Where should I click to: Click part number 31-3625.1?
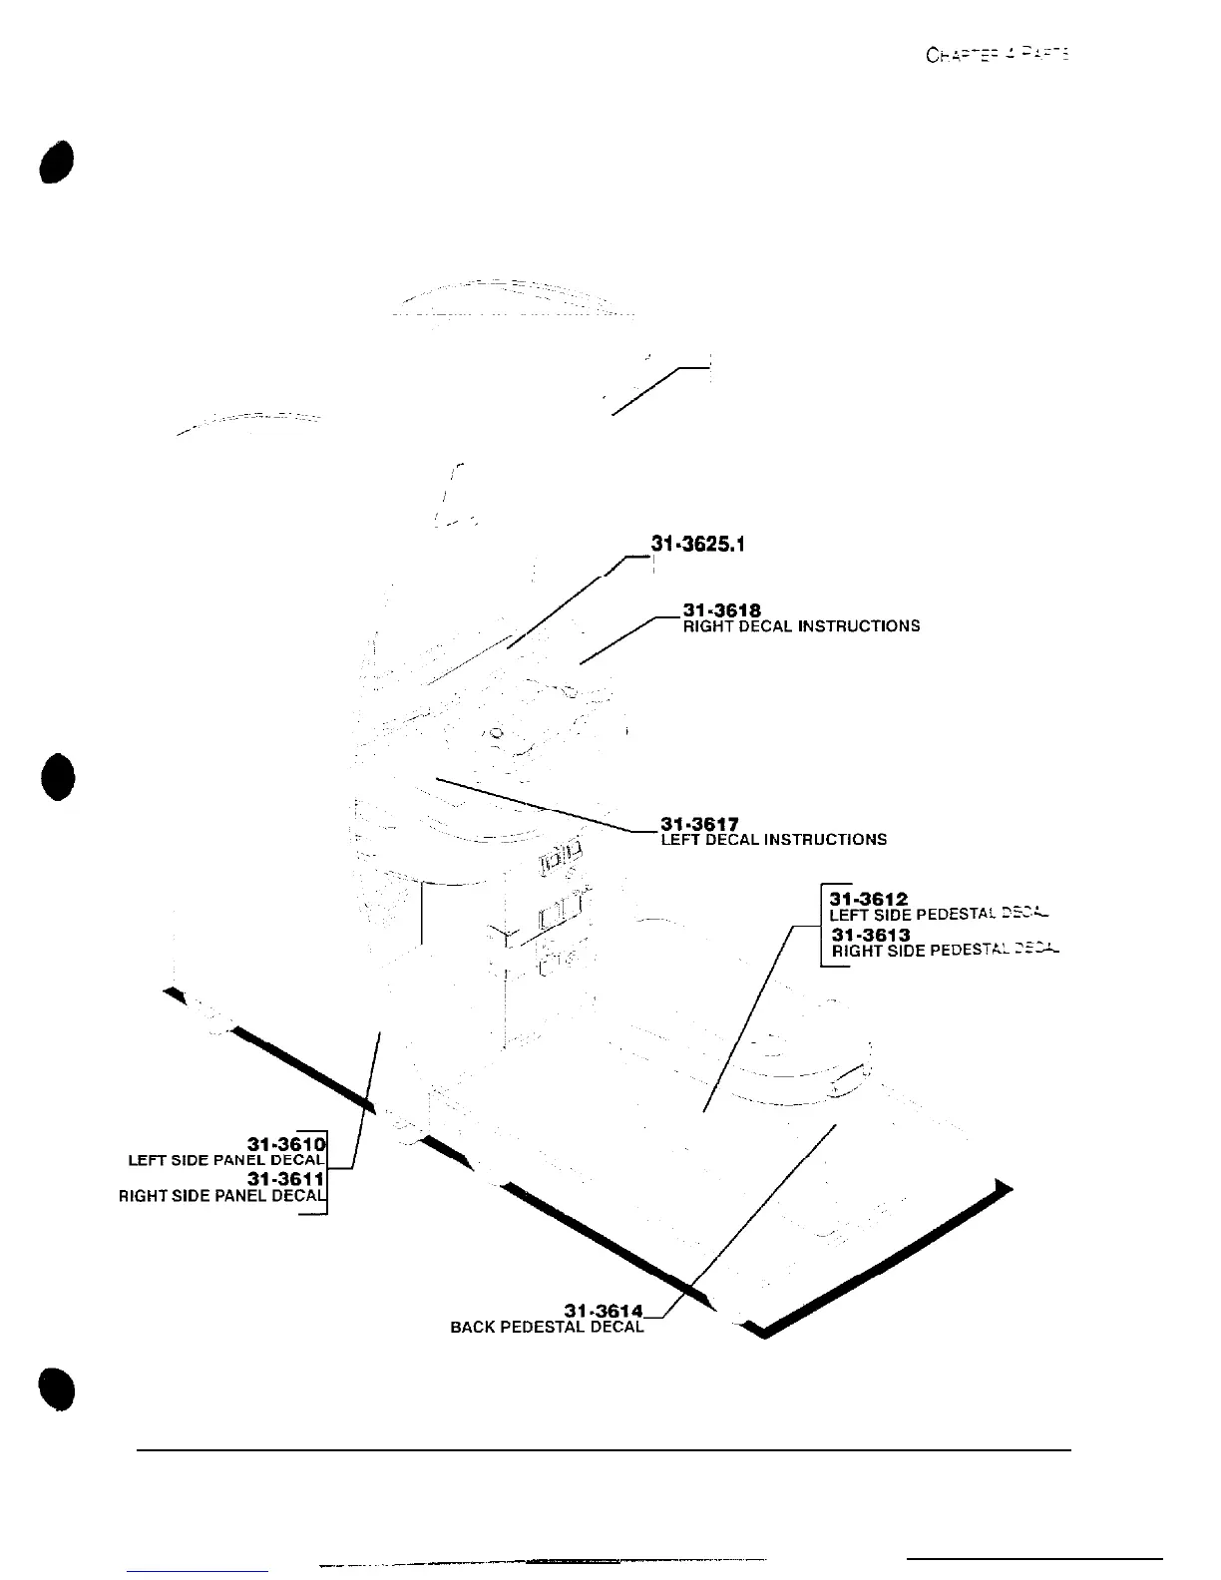(x=698, y=545)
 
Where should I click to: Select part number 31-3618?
(x=721, y=610)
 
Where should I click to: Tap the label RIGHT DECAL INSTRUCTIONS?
(x=801, y=626)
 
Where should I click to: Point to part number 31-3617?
(x=699, y=824)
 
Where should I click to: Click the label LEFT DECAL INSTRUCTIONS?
(x=773, y=840)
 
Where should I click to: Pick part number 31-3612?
(x=868, y=900)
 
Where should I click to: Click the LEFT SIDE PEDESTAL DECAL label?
(x=938, y=914)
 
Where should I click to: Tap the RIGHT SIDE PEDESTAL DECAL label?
(x=944, y=951)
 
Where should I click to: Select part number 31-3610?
(x=286, y=1143)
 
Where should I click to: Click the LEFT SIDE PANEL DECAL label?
(x=226, y=1160)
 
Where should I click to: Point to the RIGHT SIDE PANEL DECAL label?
(x=221, y=1196)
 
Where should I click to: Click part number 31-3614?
(x=605, y=1310)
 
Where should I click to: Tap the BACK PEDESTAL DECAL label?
(x=548, y=1327)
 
